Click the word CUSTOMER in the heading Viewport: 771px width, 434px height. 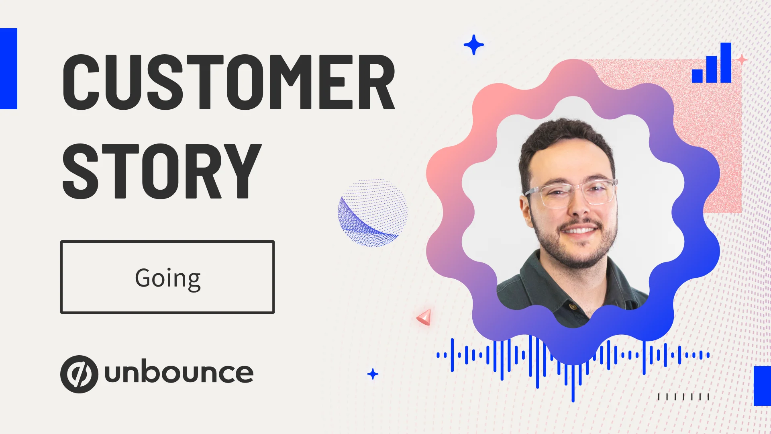pos(229,82)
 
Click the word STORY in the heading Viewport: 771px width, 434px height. pos(162,171)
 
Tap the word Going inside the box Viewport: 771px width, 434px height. pos(168,278)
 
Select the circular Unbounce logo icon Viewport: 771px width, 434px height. pos(79,374)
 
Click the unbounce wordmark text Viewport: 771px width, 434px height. pos(179,373)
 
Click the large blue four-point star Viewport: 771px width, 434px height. pos(474,45)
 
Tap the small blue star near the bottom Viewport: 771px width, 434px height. pos(373,374)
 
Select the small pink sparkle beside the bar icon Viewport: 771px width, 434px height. pos(742,60)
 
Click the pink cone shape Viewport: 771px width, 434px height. pos(425,317)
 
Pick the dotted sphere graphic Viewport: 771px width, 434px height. pos(373,213)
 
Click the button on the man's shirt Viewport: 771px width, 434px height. pos(573,307)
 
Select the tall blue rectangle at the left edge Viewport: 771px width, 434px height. pos(8,69)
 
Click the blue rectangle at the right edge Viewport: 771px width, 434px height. pos(762,386)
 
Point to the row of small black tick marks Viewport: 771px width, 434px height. pos(683,397)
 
